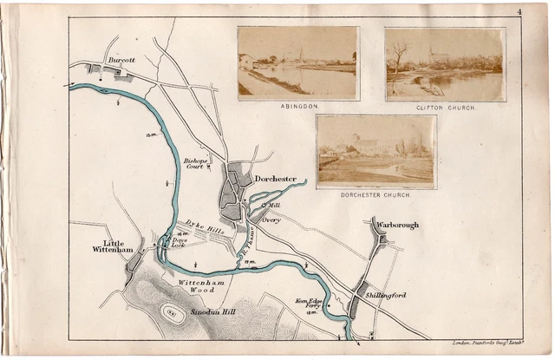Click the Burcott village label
(x=121, y=61)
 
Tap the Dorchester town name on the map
(x=276, y=180)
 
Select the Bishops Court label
(x=194, y=163)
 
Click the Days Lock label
(x=179, y=243)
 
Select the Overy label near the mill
(x=271, y=221)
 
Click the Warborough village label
(x=397, y=226)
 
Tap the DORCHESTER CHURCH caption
(x=375, y=193)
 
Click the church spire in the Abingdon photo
(x=300, y=54)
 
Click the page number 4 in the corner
(x=517, y=11)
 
